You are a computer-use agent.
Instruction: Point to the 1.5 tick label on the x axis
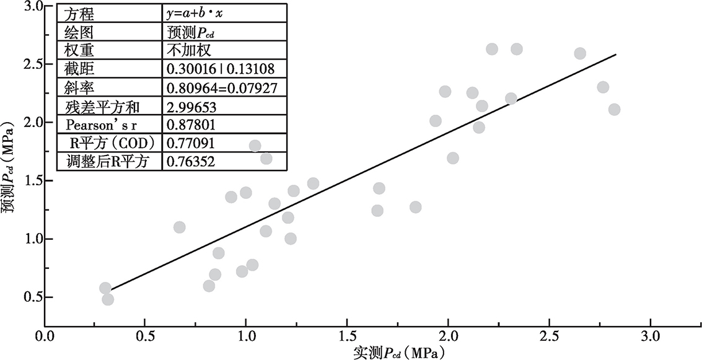[347, 339]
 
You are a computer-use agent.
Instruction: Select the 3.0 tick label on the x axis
[651, 339]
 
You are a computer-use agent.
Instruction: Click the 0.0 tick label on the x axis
[45, 339]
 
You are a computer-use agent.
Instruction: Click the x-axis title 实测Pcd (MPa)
[399, 352]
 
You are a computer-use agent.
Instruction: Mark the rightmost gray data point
[614, 110]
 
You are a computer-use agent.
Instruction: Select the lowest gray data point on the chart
[108, 299]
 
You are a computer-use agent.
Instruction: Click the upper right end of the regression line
[616, 55]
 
